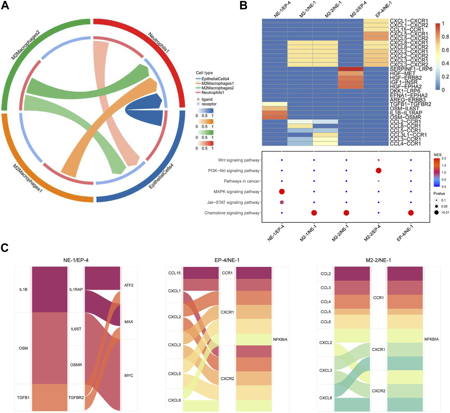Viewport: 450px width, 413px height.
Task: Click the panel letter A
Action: pyautogui.click(x=5, y=5)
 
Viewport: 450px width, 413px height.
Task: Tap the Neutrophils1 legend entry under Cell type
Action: pyautogui.click(x=213, y=93)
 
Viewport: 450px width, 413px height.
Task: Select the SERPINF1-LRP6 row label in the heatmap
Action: pyautogui.click(x=411, y=69)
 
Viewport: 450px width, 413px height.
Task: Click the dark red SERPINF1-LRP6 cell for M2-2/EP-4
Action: pyautogui.click(x=351, y=69)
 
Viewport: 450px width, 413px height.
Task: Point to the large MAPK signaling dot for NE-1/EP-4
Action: pyautogui.click(x=282, y=192)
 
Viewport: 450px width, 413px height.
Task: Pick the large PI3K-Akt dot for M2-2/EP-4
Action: pyautogui.click(x=379, y=170)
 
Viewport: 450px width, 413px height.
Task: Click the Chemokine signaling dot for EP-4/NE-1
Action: pyautogui.click(x=411, y=213)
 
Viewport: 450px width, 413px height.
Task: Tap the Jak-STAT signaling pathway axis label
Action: pyautogui.click(x=233, y=202)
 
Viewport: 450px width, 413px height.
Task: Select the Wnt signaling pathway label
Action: pyautogui.click(x=238, y=160)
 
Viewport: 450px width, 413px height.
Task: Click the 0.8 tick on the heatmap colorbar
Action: pyautogui.click(x=445, y=37)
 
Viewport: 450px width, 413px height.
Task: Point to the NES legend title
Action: pyautogui.click(x=438, y=155)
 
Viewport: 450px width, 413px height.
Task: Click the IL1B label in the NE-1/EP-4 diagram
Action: pyautogui.click(x=23, y=289)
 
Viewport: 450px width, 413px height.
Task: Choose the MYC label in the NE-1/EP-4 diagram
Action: pyautogui.click(x=129, y=376)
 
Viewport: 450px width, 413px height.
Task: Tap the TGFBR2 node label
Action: pyautogui.click(x=76, y=398)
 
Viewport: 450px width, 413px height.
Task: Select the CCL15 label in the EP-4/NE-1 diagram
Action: pyautogui.click(x=174, y=273)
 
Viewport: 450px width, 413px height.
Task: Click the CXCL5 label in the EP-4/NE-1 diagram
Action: pyautogui.click(x=174, y=374)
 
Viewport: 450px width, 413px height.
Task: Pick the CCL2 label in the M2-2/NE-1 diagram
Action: pyautogui.click(x=326, y=274)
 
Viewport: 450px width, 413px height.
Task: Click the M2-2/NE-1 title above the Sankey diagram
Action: pyautogui.click(x=378, y=260)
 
